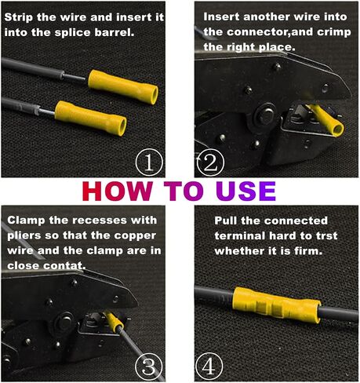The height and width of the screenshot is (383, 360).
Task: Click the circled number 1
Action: [x=149, y=162]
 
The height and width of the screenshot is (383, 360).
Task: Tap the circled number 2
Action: [x=210, y=162]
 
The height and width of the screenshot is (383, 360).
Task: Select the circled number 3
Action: [x=149, y=366]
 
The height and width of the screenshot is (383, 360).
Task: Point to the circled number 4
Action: [x=209, y=366]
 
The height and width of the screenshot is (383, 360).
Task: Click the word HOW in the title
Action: [x=118, y=191]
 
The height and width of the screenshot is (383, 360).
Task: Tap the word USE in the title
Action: [x=246, y=191]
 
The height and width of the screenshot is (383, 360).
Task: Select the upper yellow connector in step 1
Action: [x=123, y=86]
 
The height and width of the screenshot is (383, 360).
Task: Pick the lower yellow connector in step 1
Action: [x=91, y=118]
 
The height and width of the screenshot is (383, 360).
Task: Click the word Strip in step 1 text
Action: [x=18, y=17]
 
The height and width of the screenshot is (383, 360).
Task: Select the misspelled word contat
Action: [x=64, y=265]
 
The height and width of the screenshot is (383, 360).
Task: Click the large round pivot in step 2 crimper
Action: [x=264, y=115]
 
